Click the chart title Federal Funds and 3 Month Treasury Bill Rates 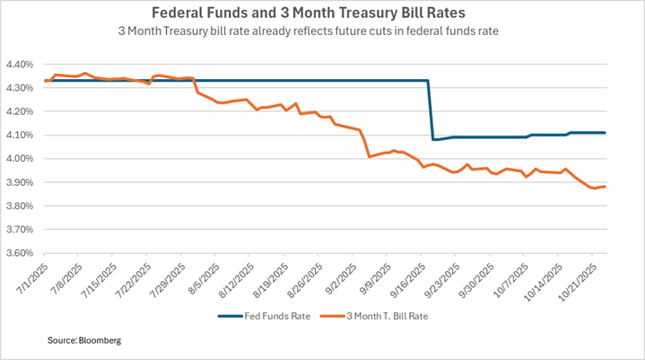point(322,13)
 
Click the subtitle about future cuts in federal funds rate point(322,31)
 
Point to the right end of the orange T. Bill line point(605,187)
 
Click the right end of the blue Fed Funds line point(606,133)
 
